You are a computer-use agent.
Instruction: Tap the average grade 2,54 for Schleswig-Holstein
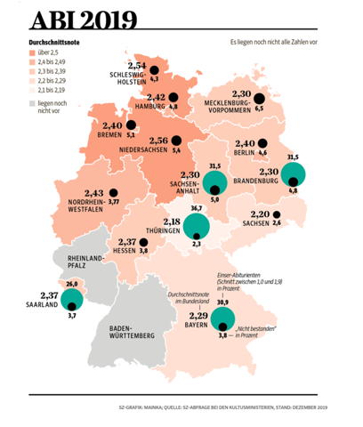click(136, 65)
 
